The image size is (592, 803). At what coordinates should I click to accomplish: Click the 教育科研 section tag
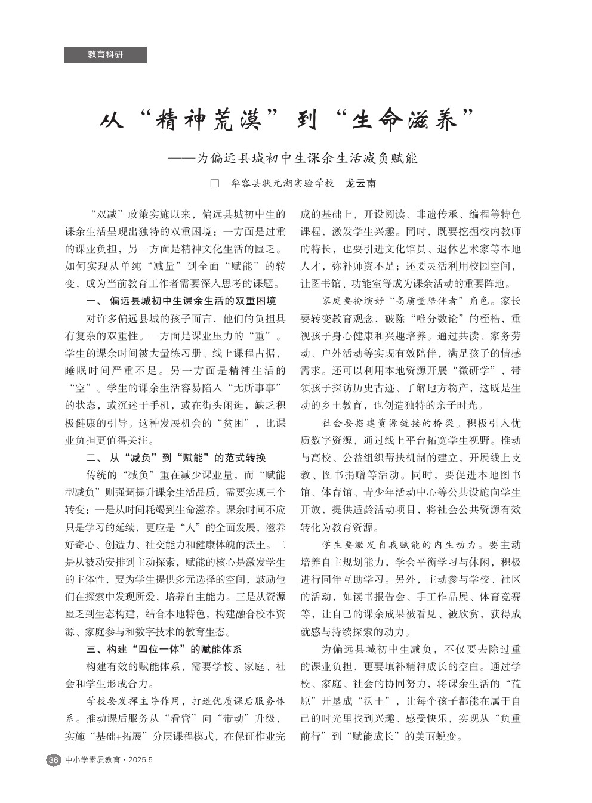coord(106,55)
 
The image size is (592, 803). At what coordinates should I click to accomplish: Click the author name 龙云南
coord(361,184)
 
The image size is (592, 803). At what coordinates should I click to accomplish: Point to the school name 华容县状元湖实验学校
coord(282,184)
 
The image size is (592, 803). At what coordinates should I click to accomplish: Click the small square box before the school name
coord(215,184)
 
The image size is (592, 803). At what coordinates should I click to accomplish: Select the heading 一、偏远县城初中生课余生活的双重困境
coord(181,300)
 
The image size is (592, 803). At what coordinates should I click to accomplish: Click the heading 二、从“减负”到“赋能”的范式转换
coord(176,458)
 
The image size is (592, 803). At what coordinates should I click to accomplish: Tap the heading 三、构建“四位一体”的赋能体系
coord(164,650)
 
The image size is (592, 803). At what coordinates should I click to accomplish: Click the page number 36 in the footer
coord(53,760)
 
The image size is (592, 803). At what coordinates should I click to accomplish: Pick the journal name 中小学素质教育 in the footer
coord(93,760)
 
